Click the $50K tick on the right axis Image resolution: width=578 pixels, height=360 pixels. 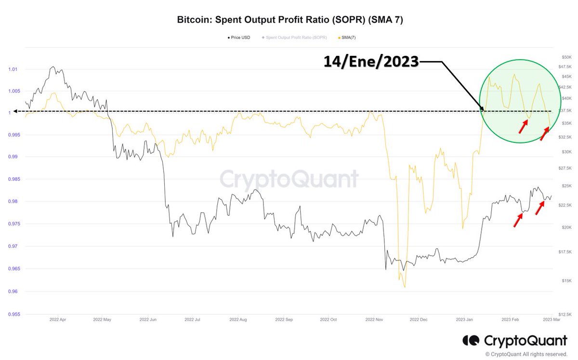[565, 57]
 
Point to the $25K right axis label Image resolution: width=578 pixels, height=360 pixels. [565, 186]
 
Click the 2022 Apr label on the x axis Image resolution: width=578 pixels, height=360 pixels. [58, 319]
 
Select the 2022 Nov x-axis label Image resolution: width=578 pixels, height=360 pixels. [374, 319]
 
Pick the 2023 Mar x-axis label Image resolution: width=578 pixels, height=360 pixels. [550, 319]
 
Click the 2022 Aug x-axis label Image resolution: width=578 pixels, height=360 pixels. [238, 319]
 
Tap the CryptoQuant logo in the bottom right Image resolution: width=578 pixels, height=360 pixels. [514, 341]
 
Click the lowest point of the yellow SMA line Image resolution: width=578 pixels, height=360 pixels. [405, 287]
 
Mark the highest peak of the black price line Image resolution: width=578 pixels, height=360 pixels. [53, 67]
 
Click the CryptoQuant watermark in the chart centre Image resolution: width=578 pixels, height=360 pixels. [289, 179]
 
